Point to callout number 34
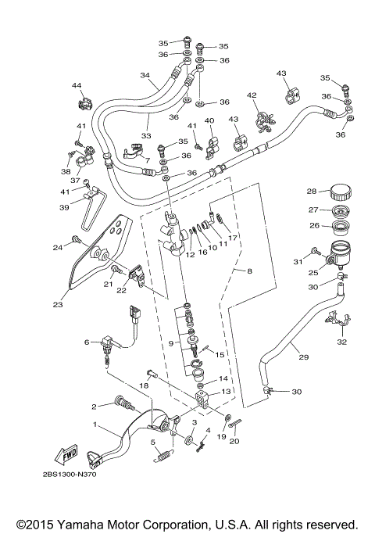click(x=145, y=75)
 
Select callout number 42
click(x=252, y=95)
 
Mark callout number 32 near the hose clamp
click(x=341, y=341)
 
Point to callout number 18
click(x=144, y=386)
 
